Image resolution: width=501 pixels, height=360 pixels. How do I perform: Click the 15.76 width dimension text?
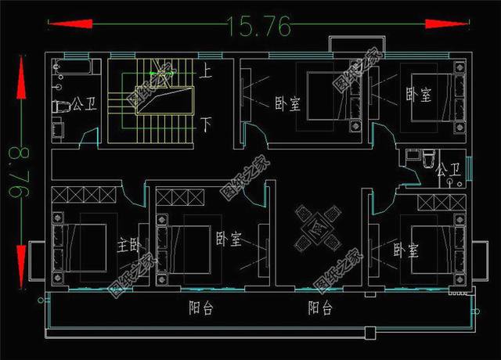coord(259,25)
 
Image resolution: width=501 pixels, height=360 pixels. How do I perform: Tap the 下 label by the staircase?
coord(207,124)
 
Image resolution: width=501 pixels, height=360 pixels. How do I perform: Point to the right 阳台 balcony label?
coord(320,308)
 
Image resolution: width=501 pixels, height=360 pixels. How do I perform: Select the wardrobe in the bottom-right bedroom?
coord(442,203)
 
